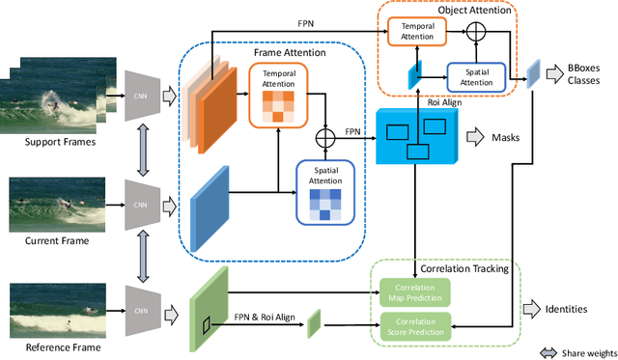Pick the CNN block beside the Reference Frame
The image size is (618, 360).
(x=142, y=310)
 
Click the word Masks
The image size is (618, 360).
(x=505, y=139)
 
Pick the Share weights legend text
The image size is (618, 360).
(x=584, y=350)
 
